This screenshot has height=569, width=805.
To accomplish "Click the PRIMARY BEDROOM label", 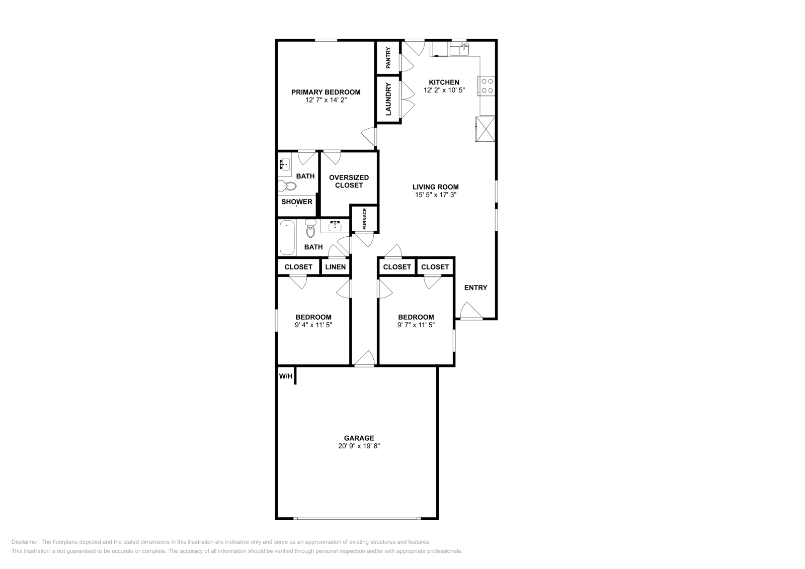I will click(326, 92).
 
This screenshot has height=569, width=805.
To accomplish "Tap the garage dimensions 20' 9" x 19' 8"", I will click(359, 446).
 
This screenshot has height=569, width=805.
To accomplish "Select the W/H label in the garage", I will click(285, 376).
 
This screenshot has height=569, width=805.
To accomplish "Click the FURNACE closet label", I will click(365, 218).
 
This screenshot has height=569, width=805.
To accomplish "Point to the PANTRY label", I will click(388, 57).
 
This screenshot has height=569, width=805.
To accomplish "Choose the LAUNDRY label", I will click(388, 99).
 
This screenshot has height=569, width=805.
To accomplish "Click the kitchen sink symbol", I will click(459, 49).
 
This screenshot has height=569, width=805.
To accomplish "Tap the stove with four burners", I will click(487, 85).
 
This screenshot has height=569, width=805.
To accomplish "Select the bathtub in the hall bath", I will click(287, 238).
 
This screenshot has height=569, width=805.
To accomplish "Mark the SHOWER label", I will click(297, 202).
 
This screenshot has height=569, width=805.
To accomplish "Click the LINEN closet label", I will click(335, 267).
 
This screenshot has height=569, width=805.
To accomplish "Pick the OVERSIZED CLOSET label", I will click(349, 181).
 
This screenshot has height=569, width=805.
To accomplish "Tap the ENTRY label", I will click(475, 288).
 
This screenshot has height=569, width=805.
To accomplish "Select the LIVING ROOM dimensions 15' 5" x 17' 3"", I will click(435, 195).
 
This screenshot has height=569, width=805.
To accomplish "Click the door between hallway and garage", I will click(364, 358).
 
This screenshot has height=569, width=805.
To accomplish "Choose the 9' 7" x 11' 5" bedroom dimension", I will click(416, 325).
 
